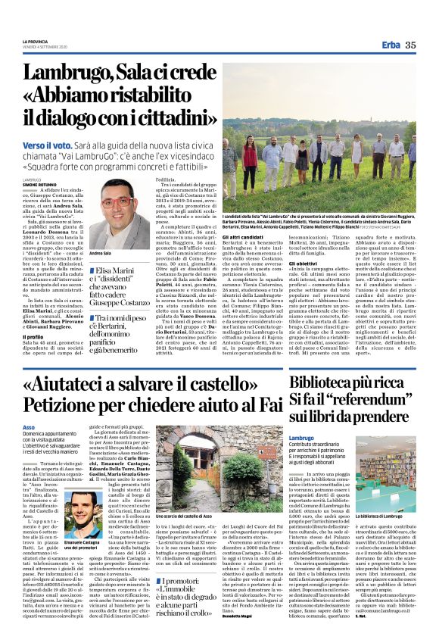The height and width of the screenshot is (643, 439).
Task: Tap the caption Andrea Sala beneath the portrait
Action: (101, 254)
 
